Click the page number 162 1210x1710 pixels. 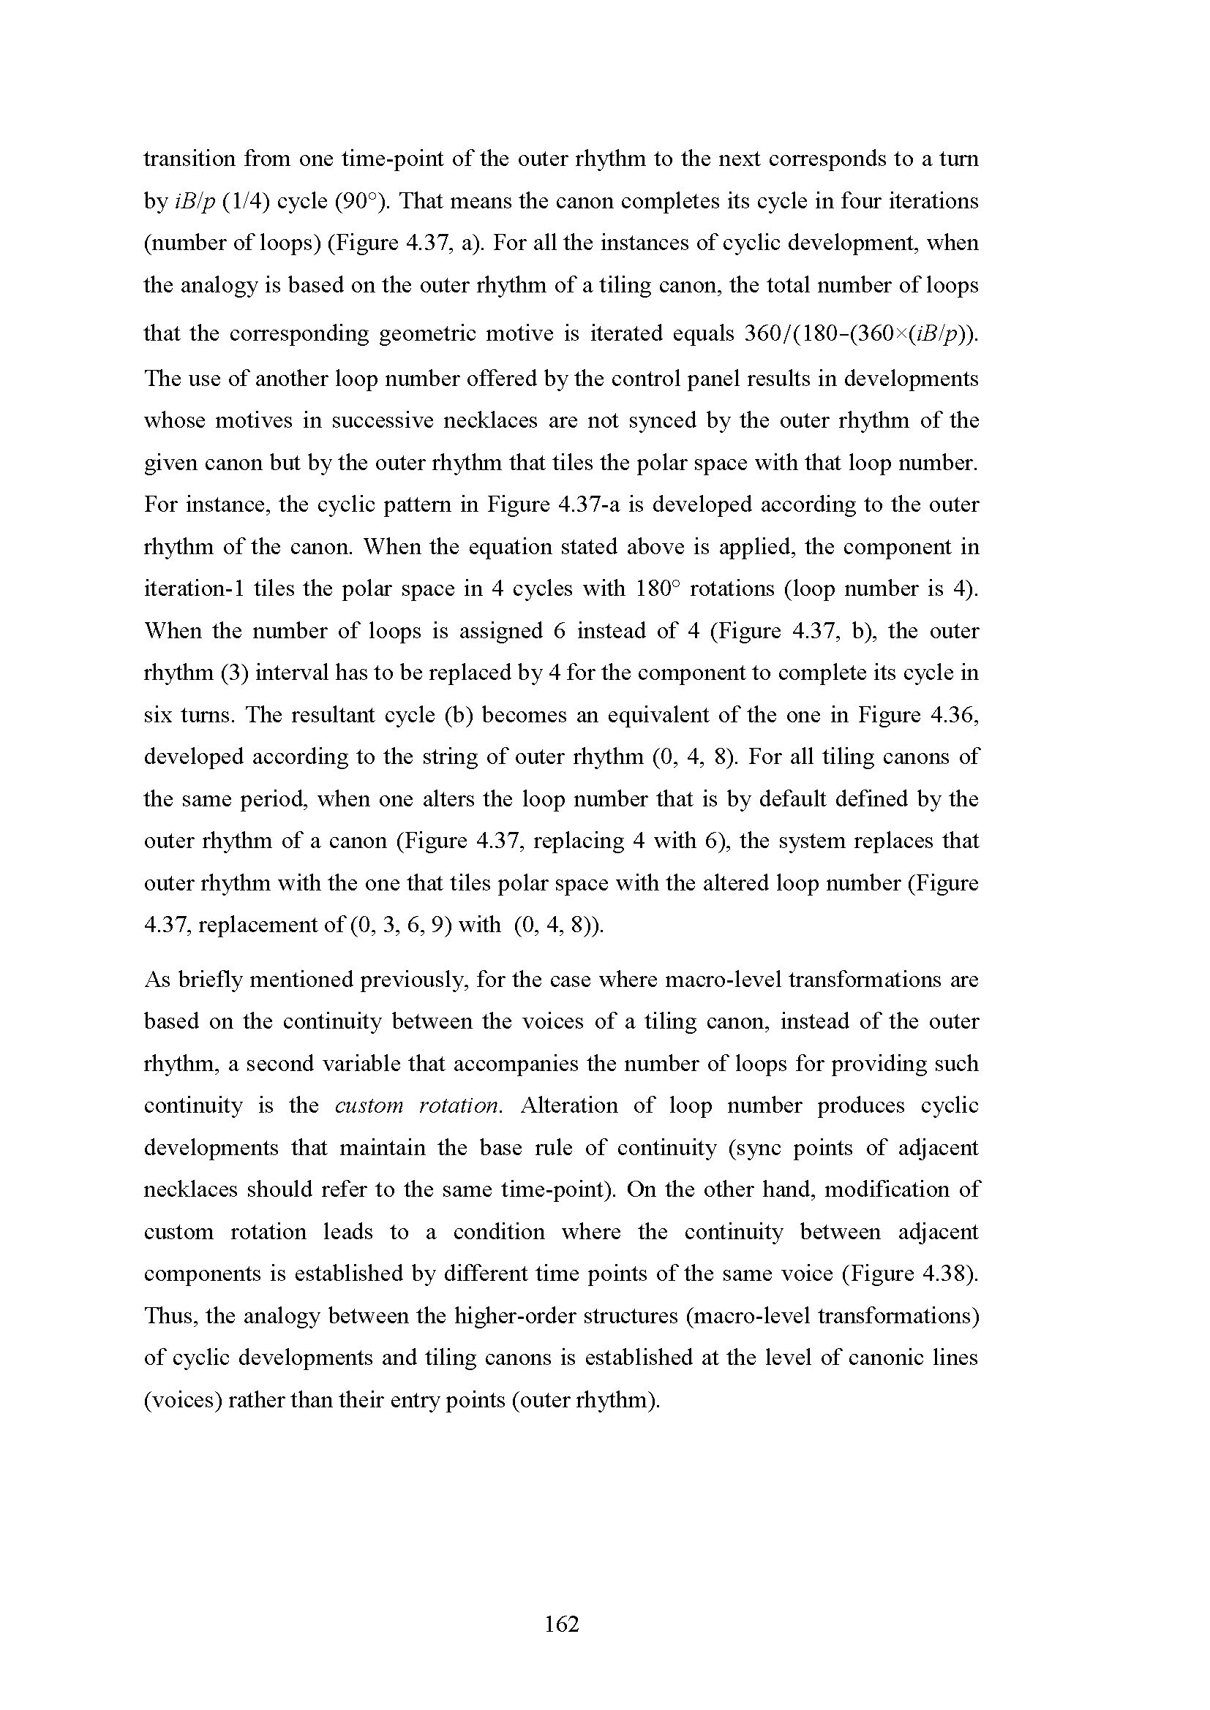point(562,1624)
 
